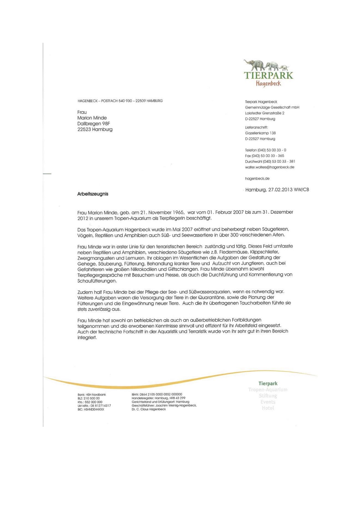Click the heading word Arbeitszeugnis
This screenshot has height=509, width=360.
point(93,194)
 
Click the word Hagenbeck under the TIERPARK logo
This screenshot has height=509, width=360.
point(268,84)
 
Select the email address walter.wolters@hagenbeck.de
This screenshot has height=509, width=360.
point(269,167)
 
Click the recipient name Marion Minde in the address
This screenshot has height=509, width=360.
point(92,118)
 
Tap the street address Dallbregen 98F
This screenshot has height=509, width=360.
point(93,124)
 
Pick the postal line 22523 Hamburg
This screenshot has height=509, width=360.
point(95,129)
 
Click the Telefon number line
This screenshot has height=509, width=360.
point(265,150)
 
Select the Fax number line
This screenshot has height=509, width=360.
point(264,156)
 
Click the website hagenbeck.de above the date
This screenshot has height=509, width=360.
point(257,178)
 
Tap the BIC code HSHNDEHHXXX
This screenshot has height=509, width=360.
point(94,409)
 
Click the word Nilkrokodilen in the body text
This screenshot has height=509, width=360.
point(144,269)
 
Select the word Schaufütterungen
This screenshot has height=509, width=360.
point(97,281)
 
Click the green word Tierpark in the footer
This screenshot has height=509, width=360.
point(268,384)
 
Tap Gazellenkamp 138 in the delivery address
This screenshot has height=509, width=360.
point(260,133)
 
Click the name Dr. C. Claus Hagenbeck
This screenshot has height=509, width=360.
point(149,409)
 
